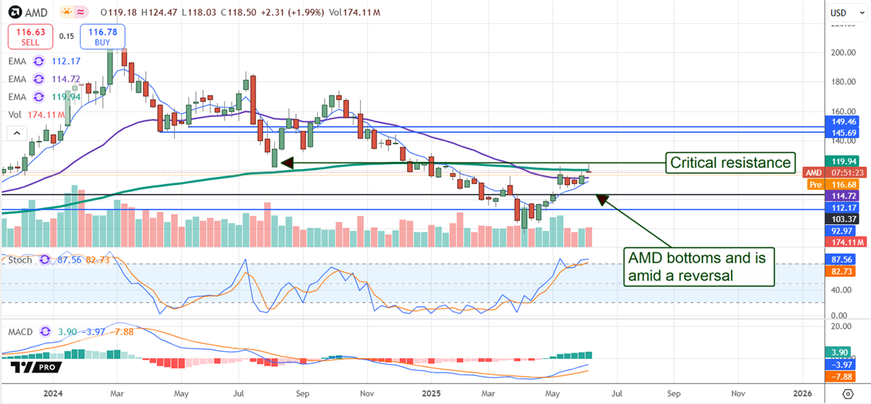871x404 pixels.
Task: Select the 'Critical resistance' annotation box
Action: click(x=730, y=162)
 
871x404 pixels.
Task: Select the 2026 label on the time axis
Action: click(x=802, y=392)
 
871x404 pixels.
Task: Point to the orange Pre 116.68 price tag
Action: click(x=841, y=185)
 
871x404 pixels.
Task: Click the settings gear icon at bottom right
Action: click(x=847, y=393)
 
